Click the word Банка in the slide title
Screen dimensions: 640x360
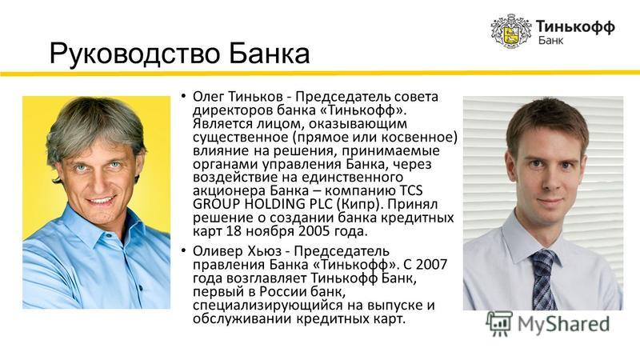269,54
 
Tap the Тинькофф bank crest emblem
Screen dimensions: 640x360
511,31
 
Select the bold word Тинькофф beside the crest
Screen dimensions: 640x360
575,26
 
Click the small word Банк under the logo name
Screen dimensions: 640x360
550,40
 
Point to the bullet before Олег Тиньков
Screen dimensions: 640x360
184,96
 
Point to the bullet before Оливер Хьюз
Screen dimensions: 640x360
184,250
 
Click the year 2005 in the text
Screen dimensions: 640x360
314,231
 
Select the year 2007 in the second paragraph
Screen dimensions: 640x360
431,264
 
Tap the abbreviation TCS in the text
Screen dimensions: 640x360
410,190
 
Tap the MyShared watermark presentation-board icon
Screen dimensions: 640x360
499,323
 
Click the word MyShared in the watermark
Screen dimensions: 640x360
563,325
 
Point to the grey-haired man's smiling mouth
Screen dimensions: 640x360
101,201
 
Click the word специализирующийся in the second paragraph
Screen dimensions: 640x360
268,306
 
